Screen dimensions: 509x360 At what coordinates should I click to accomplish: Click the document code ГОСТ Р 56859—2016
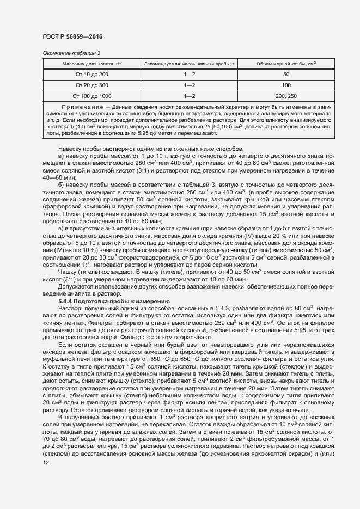(x=72, y=36)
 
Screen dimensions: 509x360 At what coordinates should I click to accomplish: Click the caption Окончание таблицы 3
(x=71, y=53)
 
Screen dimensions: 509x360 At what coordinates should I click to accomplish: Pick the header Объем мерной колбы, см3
(x=286, y=64)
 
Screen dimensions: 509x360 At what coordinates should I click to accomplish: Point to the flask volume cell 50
(x=286, y=74)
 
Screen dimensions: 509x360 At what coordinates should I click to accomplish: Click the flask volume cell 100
(x=286, y=85)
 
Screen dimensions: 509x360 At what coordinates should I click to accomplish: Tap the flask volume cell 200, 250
(x=286, y=96)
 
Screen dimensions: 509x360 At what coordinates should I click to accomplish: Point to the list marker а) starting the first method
(x=61, y=156)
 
